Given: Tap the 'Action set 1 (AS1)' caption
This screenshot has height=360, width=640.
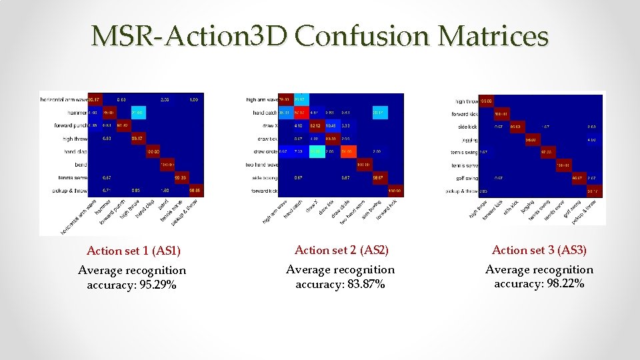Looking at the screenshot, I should pos(134,251).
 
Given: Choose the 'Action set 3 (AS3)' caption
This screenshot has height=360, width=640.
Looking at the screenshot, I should pos(539,251).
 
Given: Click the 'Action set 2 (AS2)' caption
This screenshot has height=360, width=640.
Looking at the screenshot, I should pos(342,251).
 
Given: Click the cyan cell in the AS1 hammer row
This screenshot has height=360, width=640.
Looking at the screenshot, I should pos(139,112).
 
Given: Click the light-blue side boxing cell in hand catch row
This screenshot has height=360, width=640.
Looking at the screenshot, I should pos(377,113).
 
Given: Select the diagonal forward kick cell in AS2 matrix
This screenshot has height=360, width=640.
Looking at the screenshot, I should pos(395,191).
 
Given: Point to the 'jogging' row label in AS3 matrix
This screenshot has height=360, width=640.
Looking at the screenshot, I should pos(469,140).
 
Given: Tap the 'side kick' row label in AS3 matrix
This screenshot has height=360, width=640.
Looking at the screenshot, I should pos(467,127).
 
